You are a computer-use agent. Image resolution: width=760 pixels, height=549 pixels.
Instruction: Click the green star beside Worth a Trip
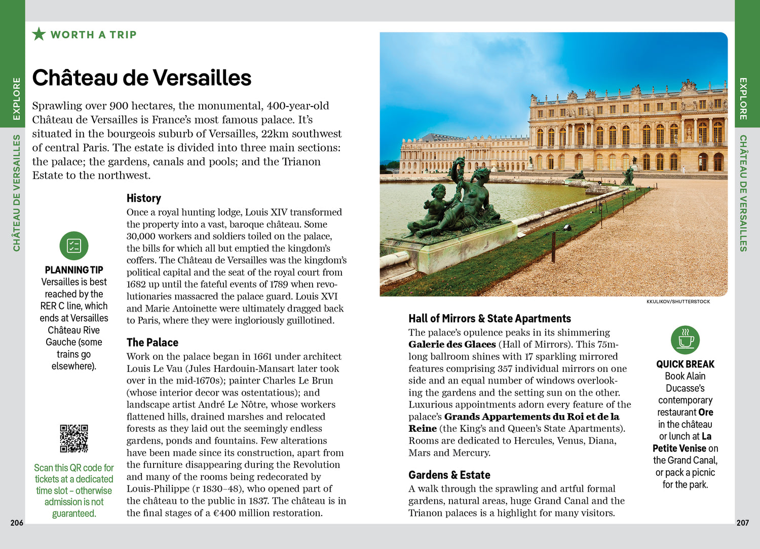click(39, 34)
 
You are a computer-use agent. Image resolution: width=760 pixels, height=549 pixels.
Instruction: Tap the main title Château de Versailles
click(142, 78)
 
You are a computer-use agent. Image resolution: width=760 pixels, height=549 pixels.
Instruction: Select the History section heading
click(144, 198)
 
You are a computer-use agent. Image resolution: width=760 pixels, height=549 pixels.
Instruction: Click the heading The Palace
click(153, 342)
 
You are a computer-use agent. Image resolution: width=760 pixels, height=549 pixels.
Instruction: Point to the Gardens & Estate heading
click(449, 475)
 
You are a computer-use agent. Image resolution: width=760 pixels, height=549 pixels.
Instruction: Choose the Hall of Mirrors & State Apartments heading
click(489, 319)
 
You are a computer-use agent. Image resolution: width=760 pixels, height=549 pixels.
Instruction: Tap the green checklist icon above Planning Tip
click(74, 246)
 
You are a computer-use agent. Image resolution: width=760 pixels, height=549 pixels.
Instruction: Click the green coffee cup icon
click(685, 340)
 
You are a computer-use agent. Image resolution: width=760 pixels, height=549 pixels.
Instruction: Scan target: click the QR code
click(74, 438)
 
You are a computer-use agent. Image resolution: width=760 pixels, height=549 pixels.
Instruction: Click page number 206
click(17, 523)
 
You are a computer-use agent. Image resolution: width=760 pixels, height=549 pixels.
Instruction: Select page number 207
click(742, 523)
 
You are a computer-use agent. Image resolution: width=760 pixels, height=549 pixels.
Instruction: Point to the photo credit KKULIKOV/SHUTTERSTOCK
click(678, 301)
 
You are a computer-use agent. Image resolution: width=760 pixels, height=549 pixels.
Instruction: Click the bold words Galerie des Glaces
click(452, 345)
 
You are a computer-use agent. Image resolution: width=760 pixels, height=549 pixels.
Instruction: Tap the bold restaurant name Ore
click(705, 413)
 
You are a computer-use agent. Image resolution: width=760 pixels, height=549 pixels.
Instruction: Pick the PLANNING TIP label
click(74, 270)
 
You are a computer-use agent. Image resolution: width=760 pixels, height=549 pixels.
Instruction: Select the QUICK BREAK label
click(685, 364)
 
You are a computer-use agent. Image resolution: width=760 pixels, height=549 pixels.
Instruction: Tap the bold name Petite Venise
click(679, 449)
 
